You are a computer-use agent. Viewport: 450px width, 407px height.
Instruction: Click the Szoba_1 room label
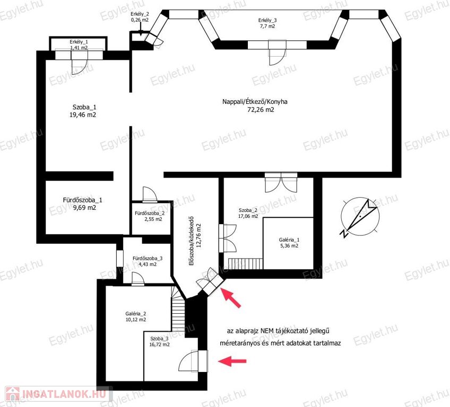[84, 107]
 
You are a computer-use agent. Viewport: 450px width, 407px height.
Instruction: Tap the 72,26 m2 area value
[261, 110]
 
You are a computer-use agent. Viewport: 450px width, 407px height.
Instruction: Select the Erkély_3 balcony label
[267, 20]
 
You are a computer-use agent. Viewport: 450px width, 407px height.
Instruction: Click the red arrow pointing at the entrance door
[231, 298]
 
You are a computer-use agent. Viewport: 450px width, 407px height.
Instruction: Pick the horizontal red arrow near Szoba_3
[232, 361]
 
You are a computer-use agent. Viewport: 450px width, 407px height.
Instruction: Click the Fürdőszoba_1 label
[82, 200]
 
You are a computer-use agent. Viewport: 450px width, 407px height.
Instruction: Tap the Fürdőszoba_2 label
[150, 213]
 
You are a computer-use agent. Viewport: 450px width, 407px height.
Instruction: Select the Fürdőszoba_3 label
[148, 258]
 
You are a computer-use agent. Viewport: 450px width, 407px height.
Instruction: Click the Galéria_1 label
[289, 240]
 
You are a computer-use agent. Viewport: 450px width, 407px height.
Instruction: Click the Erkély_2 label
[140, 14]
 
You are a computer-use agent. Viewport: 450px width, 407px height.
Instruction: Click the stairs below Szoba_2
[245, 263]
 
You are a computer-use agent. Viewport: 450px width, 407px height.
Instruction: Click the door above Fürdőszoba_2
[150, 195]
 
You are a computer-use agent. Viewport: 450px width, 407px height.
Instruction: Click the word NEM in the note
[267, 331]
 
